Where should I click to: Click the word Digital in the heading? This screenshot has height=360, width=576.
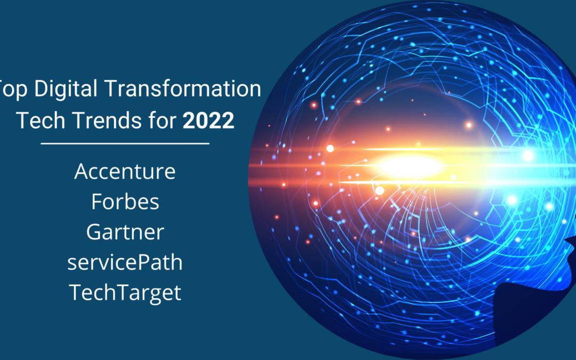66,89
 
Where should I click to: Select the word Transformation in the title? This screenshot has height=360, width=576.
183,89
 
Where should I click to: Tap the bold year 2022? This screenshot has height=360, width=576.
209,121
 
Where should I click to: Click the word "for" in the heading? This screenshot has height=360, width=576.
162,120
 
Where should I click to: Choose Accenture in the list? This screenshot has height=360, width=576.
125,171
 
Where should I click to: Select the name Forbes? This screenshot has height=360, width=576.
125,201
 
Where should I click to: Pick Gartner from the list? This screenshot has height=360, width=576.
125,232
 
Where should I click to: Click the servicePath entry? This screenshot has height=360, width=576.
125,262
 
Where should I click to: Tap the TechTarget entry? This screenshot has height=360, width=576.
125,293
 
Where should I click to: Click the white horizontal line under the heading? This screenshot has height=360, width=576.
125,143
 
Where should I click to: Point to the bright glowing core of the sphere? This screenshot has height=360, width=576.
410,166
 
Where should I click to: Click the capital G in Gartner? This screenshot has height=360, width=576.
94,232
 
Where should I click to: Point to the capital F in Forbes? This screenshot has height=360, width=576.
97,201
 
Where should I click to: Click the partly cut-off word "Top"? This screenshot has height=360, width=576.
13,89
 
